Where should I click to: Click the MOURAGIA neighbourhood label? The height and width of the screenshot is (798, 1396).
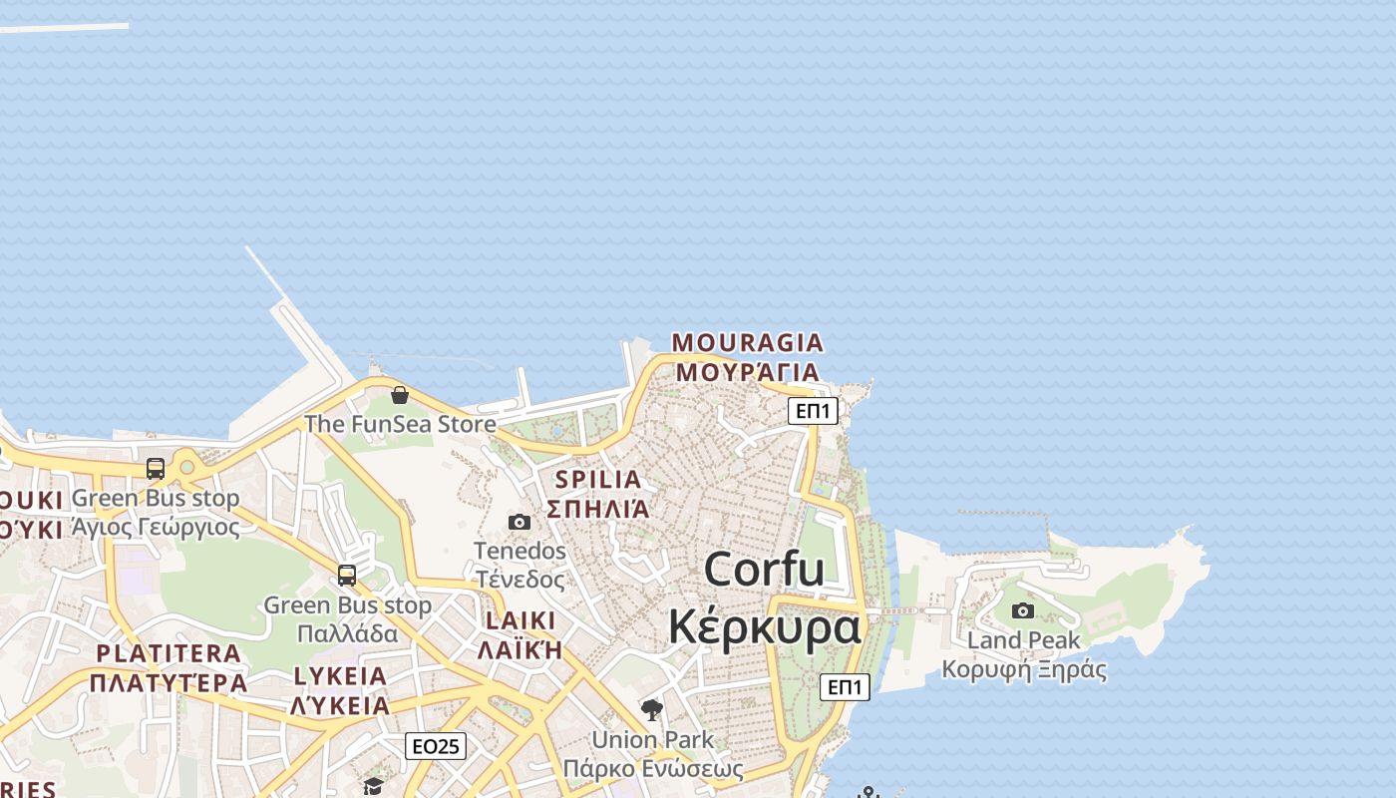(748, 343)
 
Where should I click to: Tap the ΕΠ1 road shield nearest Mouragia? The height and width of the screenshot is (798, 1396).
(813, 411)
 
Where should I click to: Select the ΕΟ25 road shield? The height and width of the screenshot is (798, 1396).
(436, 746)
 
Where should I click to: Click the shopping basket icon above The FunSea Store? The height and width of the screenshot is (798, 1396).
(400, 395)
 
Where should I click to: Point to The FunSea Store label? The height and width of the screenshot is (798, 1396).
(400, 424)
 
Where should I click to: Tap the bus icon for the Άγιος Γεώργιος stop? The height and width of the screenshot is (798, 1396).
(156, 469)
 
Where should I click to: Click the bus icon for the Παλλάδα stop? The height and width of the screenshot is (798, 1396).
(347, 576)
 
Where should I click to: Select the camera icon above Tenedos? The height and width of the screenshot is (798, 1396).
(520, 522)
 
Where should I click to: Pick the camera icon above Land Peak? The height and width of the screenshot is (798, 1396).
(1023, 610)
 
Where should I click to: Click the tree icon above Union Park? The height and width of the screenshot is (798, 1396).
(652, 710)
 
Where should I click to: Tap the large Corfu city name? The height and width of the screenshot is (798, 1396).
(764, 570)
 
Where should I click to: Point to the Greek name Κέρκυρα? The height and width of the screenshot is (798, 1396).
(764, 628)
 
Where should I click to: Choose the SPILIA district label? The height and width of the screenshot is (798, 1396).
(598, 480)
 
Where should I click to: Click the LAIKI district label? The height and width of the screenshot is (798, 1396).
(520, 621)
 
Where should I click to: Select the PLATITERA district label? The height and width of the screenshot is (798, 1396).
(169, 654)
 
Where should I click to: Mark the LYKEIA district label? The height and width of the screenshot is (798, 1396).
(340, 676)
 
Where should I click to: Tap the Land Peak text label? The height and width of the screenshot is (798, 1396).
(1024, 640)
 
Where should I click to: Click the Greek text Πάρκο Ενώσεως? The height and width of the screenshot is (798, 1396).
(653, 769)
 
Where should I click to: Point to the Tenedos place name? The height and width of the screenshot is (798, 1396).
(520, 551)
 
